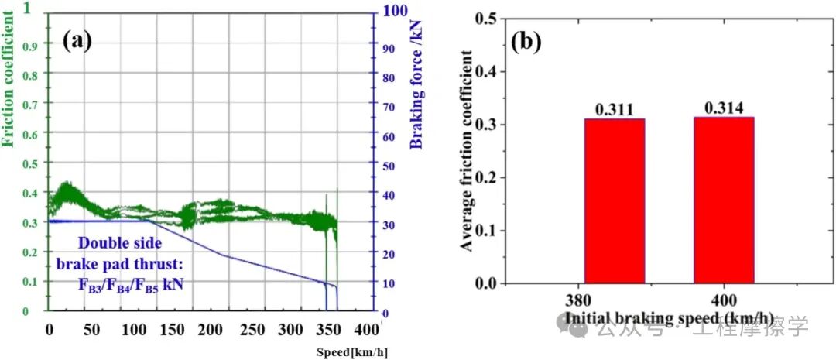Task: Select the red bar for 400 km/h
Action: (x=724, y=200)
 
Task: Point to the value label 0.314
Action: (x=723, y=108)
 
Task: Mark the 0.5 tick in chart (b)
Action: (x=485, y=19)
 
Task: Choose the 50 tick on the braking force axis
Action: (x=392, y=165)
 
